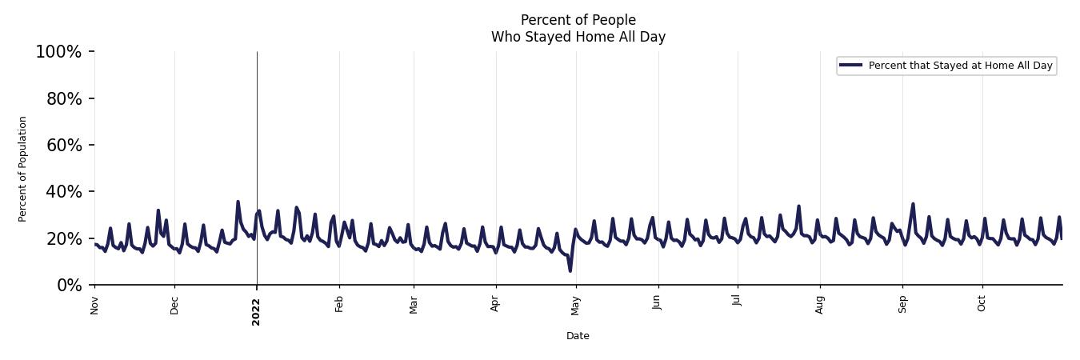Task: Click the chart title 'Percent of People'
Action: [578, 20]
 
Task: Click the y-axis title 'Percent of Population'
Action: [23, 169]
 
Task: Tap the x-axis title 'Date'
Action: [578, 336]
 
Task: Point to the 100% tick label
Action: [58, 52]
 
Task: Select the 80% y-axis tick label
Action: [62, 98]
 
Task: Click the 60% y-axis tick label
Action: [62, 145]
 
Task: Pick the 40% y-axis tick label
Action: [62, 192]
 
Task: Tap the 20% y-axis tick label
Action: [62, 238]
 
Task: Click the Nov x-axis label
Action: [94, 305]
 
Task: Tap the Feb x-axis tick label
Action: [339, 304]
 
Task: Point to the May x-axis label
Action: [576, 305]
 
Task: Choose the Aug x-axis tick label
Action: [820, 304]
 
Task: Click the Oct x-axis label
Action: [982, 303]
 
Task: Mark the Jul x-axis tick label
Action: [737, 302]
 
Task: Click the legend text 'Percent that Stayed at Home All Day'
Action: [960, 66]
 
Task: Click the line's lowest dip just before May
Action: [570, 270]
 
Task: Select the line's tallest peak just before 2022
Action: [238, 202]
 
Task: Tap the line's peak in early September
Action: [913, 204]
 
